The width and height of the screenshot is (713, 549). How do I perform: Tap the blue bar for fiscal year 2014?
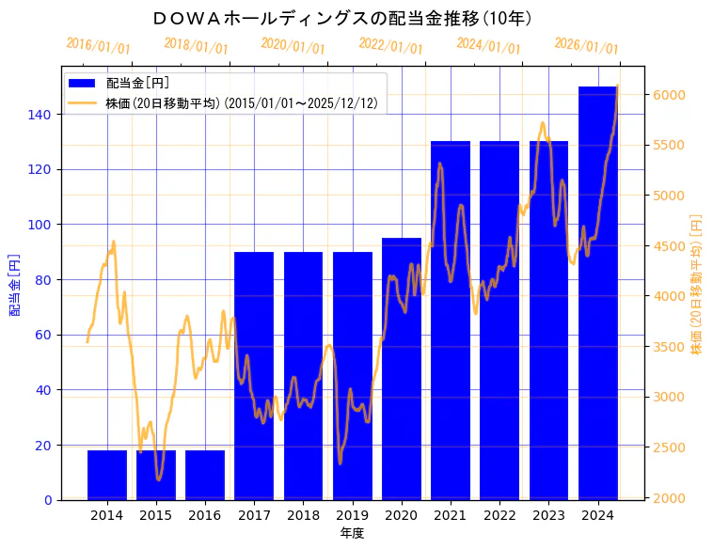pyautogui.click(x=107, y=475)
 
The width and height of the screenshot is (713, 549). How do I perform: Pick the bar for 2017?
pyautogui.click(x=254, y=376)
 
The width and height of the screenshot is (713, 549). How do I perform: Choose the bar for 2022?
pyautogui.click(x=499, y=321)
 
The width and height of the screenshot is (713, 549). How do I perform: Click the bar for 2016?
pyautogui.click(x=205, y=475)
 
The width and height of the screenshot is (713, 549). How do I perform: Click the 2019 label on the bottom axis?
pyautogui.click(x=352, y=515)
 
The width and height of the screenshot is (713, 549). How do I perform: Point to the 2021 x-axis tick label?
pyautogui.click(x=450, y=515)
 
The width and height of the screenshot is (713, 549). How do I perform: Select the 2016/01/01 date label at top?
pyautogui.click(x=99, y=46)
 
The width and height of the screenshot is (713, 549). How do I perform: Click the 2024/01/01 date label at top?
pyautogui.click(x=488, y=46)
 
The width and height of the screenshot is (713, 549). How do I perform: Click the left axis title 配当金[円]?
pyautogui.click(x=16, y=283)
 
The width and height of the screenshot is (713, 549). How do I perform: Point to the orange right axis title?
pyautogui.click(x=696, y=283)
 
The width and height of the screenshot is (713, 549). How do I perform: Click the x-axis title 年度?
pyautogui.click(x=352, y=533)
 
